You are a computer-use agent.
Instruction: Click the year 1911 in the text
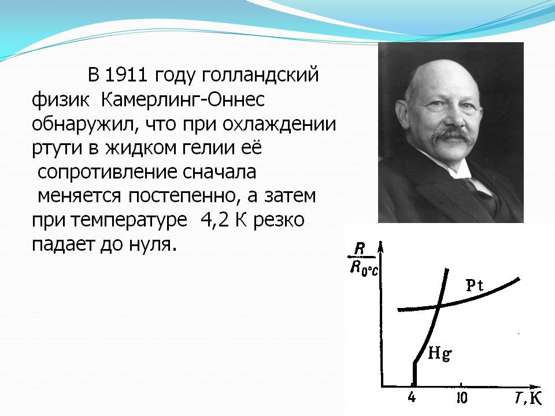point(126,75)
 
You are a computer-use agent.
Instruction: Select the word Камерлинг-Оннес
point(183,100)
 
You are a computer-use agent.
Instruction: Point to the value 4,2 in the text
point(214,221)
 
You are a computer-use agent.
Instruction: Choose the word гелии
point(208,147)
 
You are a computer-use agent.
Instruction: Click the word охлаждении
point(279,125)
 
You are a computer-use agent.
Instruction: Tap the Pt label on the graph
point(474,285)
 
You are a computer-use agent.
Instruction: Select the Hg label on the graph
point(440,354)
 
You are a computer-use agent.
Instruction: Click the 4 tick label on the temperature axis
point(411,398)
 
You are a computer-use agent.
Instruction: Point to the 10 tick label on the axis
point(461,398)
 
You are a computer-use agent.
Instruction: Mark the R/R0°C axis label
point(363,261)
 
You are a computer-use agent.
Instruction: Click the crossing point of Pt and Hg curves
point(439,306)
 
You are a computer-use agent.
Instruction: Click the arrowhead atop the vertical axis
point(381,247)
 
